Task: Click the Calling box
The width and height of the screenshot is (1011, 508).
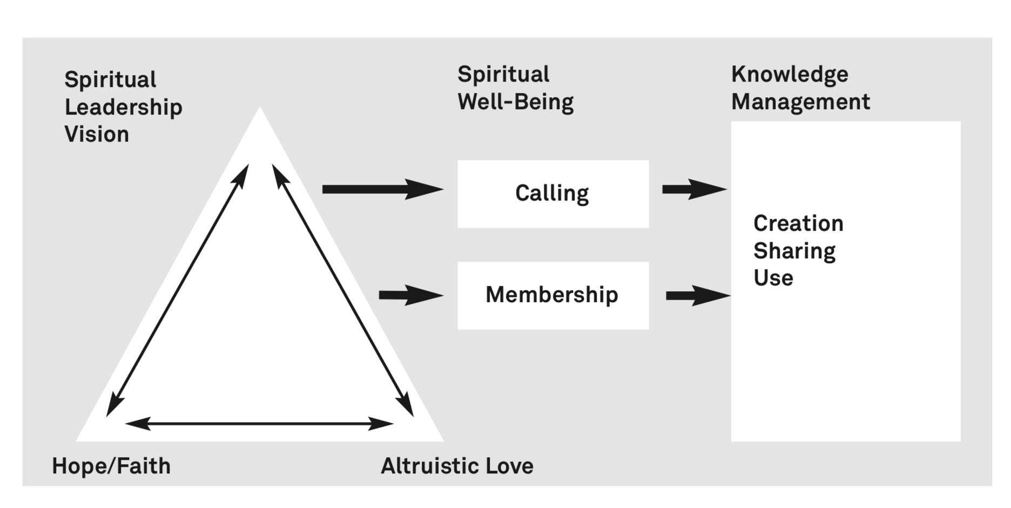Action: tap(552, 193)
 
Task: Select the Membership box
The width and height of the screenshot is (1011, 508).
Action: tap(552, 295)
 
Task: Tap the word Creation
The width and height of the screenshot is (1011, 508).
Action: tap(798, 223)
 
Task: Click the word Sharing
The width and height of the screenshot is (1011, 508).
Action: tap(794, 251)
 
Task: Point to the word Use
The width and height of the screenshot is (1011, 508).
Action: tap(773, 278)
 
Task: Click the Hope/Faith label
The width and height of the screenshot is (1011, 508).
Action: tap(111, 466)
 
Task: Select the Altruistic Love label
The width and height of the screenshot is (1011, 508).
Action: tap(457, 466)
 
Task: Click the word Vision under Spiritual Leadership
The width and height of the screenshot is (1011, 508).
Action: tap(97, 134)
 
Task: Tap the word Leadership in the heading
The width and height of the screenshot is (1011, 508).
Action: tap(123, 107)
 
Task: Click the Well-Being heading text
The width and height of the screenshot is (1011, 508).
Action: tap(515, 102)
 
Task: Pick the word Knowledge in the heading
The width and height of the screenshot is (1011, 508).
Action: tap(790, 74)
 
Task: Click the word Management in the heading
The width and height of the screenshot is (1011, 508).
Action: tap(800, 102)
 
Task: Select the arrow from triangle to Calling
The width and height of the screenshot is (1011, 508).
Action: tap(382, 189)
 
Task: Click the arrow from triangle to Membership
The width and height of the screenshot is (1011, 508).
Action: tap(410, 295)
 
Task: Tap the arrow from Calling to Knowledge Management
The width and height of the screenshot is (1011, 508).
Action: tap(694, 189)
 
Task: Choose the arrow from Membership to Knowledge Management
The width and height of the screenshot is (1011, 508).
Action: tap(697, 295)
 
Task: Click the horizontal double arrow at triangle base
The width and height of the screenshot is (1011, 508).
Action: tap(259, 424)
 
